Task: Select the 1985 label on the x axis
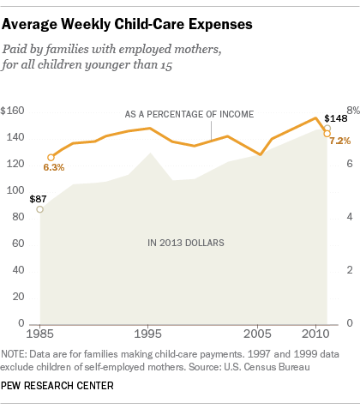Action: [39, 331]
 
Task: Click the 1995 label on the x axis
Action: [149, 331]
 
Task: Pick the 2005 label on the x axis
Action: [261, 331]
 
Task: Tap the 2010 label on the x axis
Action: [315, 331]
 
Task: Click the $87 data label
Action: [39, 197]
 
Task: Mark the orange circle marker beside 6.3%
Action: [51, 158]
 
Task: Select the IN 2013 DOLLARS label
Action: [184, 243]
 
